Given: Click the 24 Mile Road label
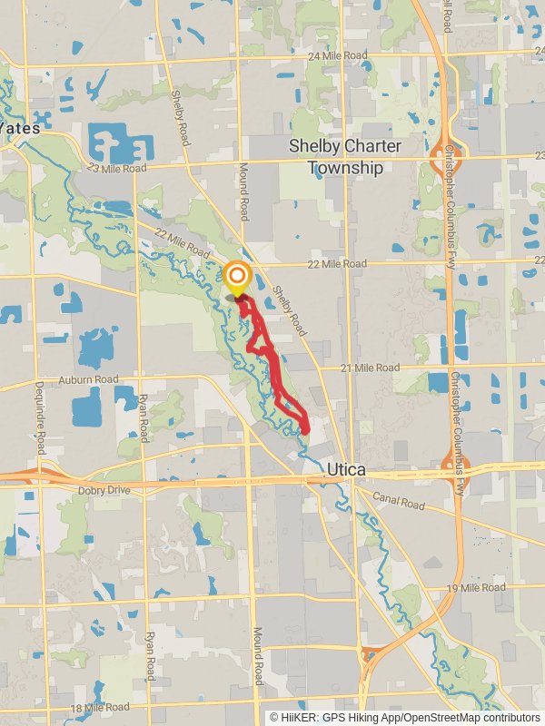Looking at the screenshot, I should point(337,56).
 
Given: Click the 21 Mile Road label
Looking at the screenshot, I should point(370,368).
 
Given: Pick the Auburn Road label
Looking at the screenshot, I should point(89,379).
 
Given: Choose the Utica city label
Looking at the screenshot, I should point(346,470).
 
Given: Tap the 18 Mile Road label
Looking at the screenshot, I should point(101,707).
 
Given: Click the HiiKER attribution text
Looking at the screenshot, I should point(404,717).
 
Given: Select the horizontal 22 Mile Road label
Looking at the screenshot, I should point(337,264).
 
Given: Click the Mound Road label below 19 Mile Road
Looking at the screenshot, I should point(258,655).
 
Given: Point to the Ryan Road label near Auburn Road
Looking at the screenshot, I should point(143,417).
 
